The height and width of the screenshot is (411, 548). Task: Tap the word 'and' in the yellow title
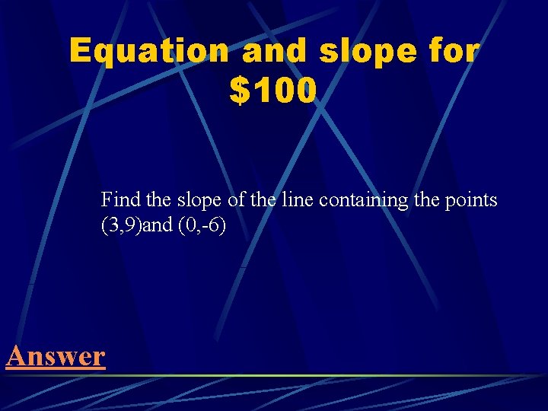point(276,52)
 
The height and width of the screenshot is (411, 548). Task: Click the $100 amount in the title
point(272,91)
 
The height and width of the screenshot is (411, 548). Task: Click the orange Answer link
point(55,355)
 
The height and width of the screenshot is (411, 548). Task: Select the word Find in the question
point(118,201)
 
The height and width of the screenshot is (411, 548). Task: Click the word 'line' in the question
point(297,201)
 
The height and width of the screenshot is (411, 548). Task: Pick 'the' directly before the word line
point(261,201)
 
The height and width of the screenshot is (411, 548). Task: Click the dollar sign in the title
point(239,91)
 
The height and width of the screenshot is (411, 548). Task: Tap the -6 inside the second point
point(211,227)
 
